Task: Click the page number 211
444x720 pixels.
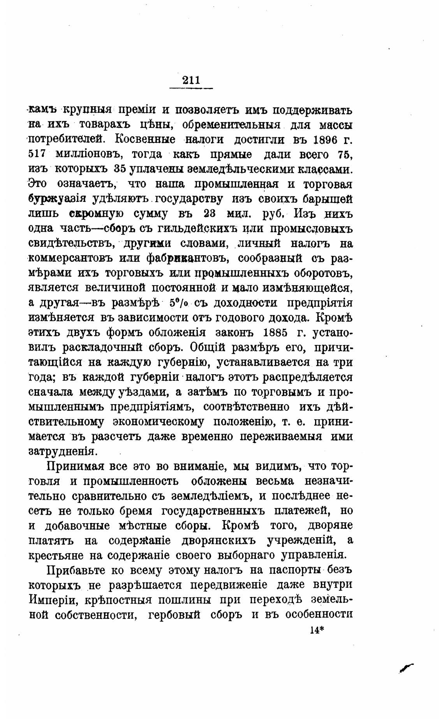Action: tap(191, 81)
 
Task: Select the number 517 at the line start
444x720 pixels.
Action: tap(38, 154)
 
